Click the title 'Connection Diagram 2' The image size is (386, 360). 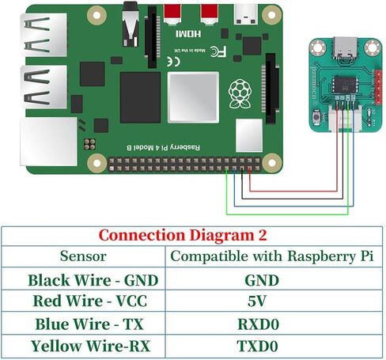193,235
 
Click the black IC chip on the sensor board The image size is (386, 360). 346,84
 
